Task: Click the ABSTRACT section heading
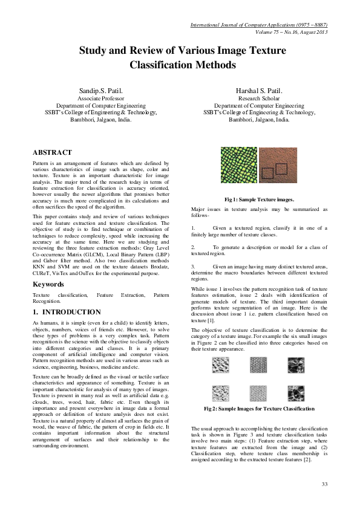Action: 52,152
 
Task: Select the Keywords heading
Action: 48,284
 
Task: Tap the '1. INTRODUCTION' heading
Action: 67,312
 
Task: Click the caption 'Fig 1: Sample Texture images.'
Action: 259,199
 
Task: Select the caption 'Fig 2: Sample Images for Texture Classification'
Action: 259,409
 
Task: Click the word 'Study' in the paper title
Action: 94,51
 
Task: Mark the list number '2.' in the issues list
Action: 194,248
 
